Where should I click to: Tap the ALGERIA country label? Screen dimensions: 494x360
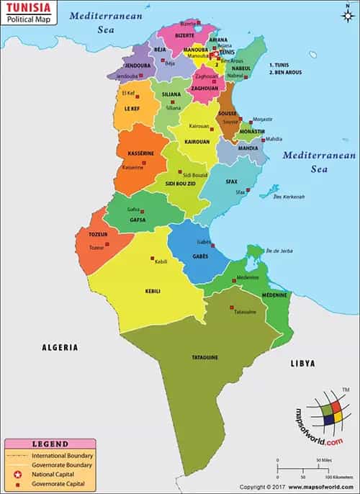click(x=59, y=347)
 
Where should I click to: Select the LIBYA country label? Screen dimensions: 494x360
click(x=303, y=364)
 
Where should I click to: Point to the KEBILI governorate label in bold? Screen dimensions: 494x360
click(x=153, y=291)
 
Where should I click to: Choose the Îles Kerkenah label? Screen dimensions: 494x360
click(x=288, y=197)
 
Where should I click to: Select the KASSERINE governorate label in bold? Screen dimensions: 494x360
click(x=141, y=154)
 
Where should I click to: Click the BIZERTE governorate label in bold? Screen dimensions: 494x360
click(x=184, y=35)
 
